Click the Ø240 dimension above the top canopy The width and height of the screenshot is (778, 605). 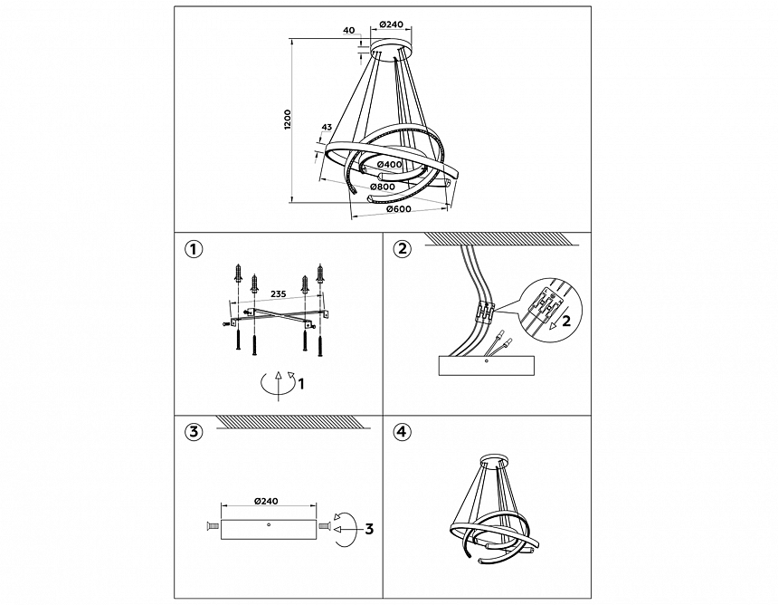pyautogui.click(x=391, y=24)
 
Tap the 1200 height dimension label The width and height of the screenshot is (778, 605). pyautogui.click(x=289, y=120)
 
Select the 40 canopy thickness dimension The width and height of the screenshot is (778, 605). pyautogui.click(x=349, y=30)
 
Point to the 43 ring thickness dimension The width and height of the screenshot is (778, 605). pyautogui.click(x=327, y=127)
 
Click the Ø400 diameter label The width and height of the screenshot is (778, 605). pyautogui.click(x=390, y=165)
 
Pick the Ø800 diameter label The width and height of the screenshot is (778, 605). pyautogui.click(x=383, y=187)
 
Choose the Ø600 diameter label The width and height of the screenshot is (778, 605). pyautogui.click(x=399, y=208)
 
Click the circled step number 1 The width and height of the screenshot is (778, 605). pyautogui.click(x=194, y=249)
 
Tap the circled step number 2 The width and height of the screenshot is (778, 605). pyautogui.click(x=402, y=248)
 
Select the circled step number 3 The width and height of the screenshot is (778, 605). pyautogui.click(x=194, y=432)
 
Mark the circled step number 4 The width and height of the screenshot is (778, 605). pyautogui.click(x=402, y=432)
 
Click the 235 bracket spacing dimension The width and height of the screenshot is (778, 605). pyautogui.click(x=278, y=293)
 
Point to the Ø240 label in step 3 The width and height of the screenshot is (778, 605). pyautogui.click(x=266, y=501)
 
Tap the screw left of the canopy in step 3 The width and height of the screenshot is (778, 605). pyautogui.click(x=211, y=525)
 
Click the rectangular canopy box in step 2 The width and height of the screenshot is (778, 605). pyautogui.click(x=487, y=366)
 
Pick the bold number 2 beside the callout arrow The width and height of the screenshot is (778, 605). pyautogui.click(x=565, y=321)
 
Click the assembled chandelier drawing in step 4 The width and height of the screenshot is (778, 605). pyautogui.click(x=494, y=508)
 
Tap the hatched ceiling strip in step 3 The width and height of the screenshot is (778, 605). pyautogui.click(x=294, y=422)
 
